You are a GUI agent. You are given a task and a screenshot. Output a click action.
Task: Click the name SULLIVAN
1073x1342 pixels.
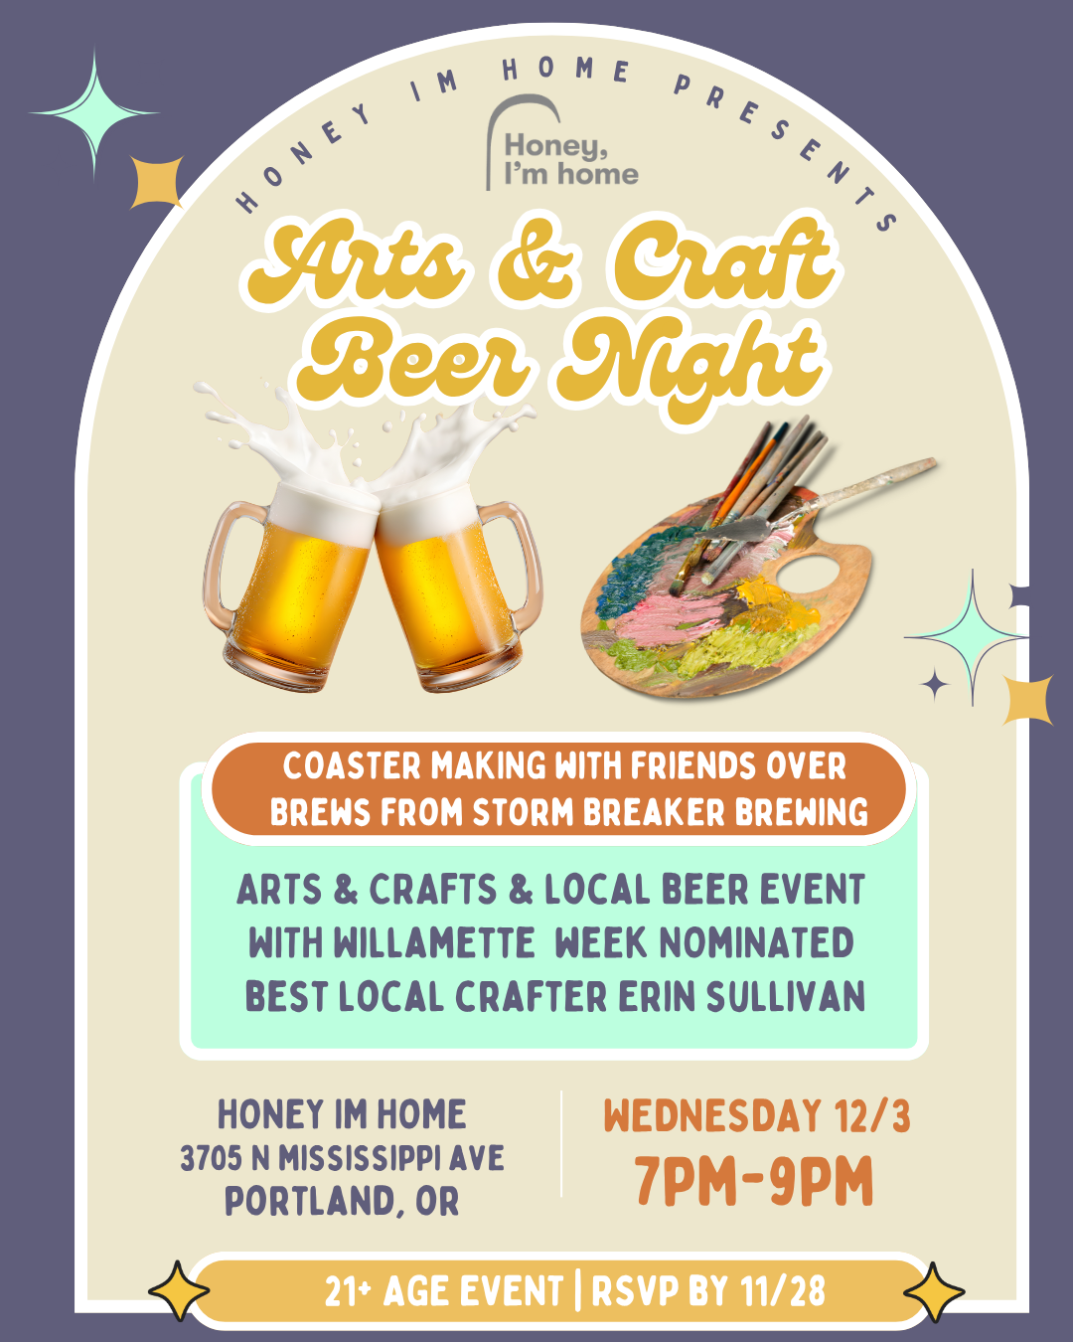[785, 996]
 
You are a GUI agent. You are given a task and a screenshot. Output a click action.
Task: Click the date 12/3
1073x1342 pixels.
[872, 1116]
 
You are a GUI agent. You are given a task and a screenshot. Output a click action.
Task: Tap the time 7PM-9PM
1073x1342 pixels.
[754, 1182]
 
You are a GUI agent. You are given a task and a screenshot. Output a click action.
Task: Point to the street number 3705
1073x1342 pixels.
[211, 1158]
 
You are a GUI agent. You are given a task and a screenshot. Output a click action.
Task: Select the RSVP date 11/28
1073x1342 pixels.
[782, 1291]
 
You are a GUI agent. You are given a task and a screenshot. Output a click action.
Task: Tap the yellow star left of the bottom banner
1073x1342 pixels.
[179, 1291]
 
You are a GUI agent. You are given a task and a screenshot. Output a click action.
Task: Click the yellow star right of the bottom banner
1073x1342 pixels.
[934, 1291]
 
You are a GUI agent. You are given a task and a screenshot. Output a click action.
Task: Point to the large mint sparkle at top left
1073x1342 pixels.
[94, 112]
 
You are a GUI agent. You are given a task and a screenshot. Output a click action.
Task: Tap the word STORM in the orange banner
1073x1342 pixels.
[525, 813]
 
